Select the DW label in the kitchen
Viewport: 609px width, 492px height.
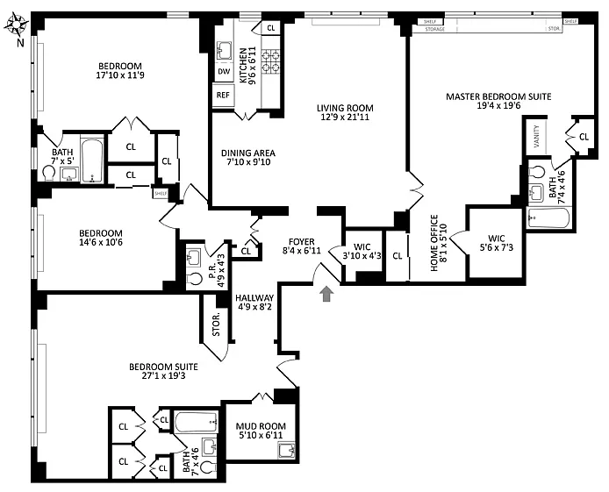pos(223,72)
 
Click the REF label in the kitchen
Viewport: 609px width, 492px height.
pos(222,95)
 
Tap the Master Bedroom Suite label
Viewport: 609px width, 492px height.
pos(498,96)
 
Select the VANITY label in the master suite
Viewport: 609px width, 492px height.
pos(536,138)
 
